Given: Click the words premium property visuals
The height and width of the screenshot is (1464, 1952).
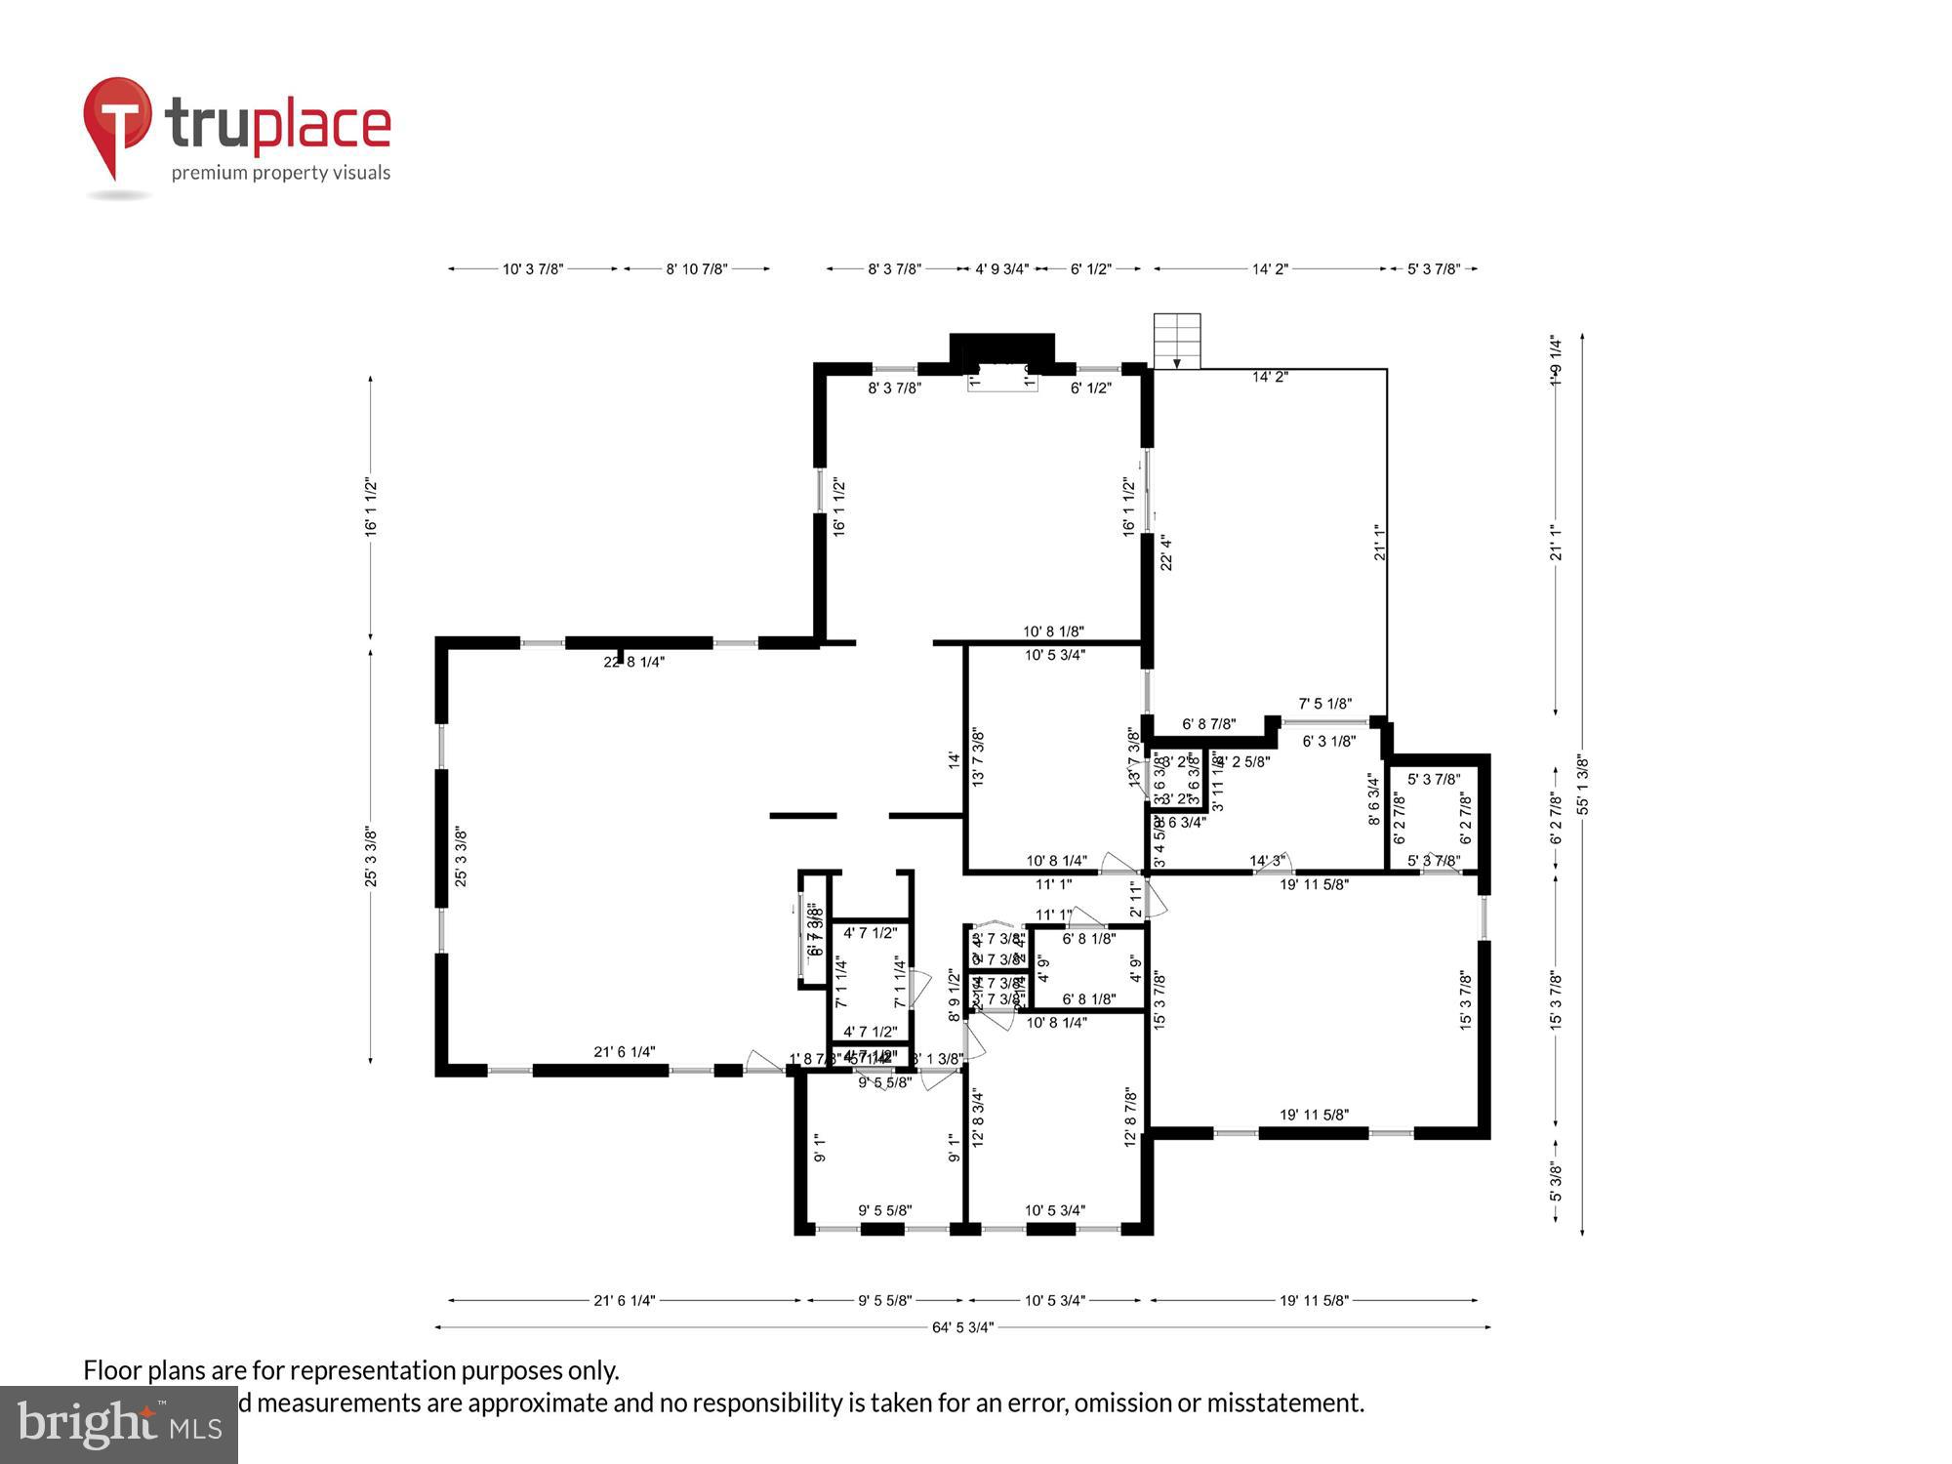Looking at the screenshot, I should coord(281,174).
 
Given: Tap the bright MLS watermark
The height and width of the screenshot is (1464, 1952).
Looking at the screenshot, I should coord(118,1426).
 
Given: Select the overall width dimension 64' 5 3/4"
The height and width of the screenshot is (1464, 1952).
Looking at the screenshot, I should coord(962,1327).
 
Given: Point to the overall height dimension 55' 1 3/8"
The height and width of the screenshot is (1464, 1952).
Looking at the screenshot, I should coord(1582,786).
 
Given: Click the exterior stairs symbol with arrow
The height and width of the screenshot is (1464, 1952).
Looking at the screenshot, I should coord(1177,341).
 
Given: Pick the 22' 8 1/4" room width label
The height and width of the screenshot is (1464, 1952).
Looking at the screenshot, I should coord(633,662).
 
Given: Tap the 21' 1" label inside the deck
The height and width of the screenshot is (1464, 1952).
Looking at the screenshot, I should coord(1380,543).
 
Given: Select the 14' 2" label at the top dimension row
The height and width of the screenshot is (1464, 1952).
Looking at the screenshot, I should coord(1270,269).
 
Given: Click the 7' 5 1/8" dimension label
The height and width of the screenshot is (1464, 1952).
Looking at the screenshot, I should coord(1324,704).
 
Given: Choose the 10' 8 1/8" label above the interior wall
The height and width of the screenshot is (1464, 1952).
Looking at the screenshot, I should coord(1053,631).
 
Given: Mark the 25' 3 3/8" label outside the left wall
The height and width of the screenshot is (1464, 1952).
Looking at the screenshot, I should coord(371,857).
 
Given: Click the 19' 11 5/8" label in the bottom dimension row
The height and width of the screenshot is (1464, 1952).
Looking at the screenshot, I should coord(1314,1301).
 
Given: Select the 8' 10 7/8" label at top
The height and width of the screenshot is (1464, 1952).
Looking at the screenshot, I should coord(697,269).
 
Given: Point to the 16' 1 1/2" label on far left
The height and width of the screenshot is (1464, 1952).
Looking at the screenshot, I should coord(371,507).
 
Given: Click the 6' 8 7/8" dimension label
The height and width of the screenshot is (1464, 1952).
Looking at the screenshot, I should coord(1208,724).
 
